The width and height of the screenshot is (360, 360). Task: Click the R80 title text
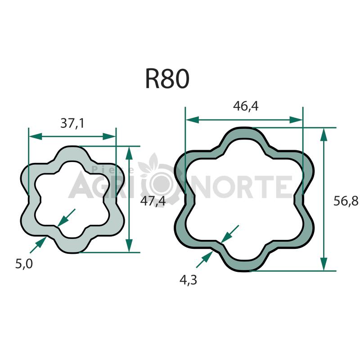[x=167, y=79]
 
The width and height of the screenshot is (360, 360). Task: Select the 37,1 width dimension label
[x=72, y=123]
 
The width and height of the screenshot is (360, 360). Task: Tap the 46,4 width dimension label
[x=246, y=106]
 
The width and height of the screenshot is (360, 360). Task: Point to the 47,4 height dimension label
[x=153, y=201]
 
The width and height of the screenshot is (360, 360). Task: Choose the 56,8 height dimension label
[x=346, y=201]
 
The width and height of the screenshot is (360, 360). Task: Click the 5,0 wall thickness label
[x=24, y=264]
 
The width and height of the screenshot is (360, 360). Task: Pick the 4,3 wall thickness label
[x=188, y=280]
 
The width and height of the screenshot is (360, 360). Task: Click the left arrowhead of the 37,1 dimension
[x=36, y=136]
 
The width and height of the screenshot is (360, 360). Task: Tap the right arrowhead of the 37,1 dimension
[x=109, y=136]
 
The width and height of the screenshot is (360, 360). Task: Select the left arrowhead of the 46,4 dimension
[x=193, y=120]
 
